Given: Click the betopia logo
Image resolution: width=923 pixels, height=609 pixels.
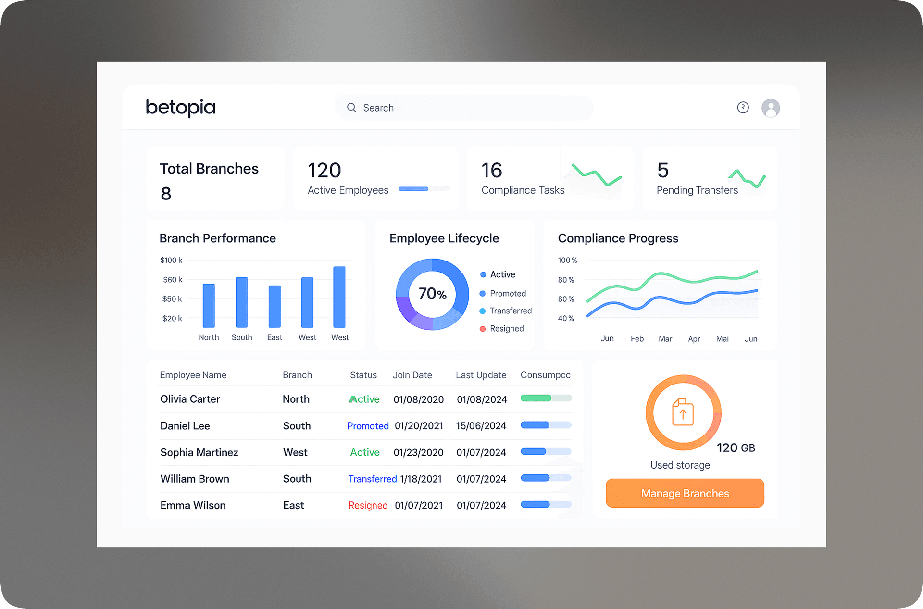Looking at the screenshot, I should (180, 108).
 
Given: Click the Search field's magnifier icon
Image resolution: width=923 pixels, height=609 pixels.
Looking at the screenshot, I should (351, 108).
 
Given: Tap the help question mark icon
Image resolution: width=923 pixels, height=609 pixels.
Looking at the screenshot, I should (743, 108).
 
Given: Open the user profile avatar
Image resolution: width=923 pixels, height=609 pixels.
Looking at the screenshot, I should (770, 108).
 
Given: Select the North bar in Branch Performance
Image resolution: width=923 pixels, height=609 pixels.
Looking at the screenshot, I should (209, 306).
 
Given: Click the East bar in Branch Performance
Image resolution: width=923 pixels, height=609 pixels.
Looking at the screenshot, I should (274, 307).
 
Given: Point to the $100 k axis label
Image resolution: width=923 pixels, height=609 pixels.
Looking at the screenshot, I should (171, 261).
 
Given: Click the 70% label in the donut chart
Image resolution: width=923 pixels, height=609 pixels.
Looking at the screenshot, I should (432, 294).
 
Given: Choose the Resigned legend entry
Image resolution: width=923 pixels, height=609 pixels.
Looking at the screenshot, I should (506, 329).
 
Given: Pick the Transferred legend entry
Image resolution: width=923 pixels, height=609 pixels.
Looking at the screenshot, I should (510, 311).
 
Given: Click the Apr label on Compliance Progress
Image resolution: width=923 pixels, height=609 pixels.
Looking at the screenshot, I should (694, 339).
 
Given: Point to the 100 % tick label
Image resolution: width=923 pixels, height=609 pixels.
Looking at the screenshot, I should (567, 261).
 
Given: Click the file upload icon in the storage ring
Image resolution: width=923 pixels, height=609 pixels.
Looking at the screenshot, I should (683, 412).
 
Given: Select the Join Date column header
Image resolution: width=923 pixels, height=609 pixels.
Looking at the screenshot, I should (412, 375).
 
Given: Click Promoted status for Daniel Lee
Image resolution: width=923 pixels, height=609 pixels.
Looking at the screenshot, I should (368, 426).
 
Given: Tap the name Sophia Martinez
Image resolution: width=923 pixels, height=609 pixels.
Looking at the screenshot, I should (199, 452).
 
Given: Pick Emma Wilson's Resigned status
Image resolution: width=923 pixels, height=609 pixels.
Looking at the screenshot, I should (368, 505).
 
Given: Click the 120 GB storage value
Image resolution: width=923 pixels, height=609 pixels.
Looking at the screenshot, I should (736, 448).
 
